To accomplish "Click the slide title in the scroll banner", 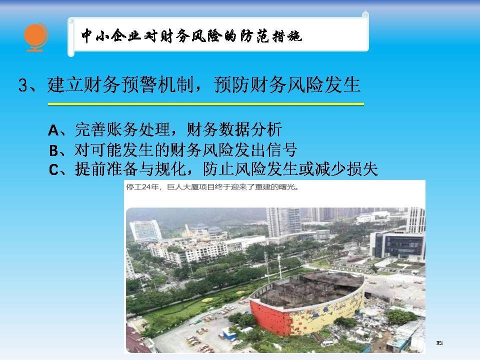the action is click(191, 36).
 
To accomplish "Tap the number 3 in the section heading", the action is click(23, 85).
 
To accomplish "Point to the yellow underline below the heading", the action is click(205, 104).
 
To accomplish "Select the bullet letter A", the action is click(53, 130).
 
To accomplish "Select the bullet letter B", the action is click(54, 150).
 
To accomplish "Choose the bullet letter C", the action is click(54, 169).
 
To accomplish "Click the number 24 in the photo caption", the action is click(145, 186).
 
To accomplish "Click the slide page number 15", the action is click(439, 343).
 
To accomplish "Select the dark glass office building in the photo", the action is click(398, 245).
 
